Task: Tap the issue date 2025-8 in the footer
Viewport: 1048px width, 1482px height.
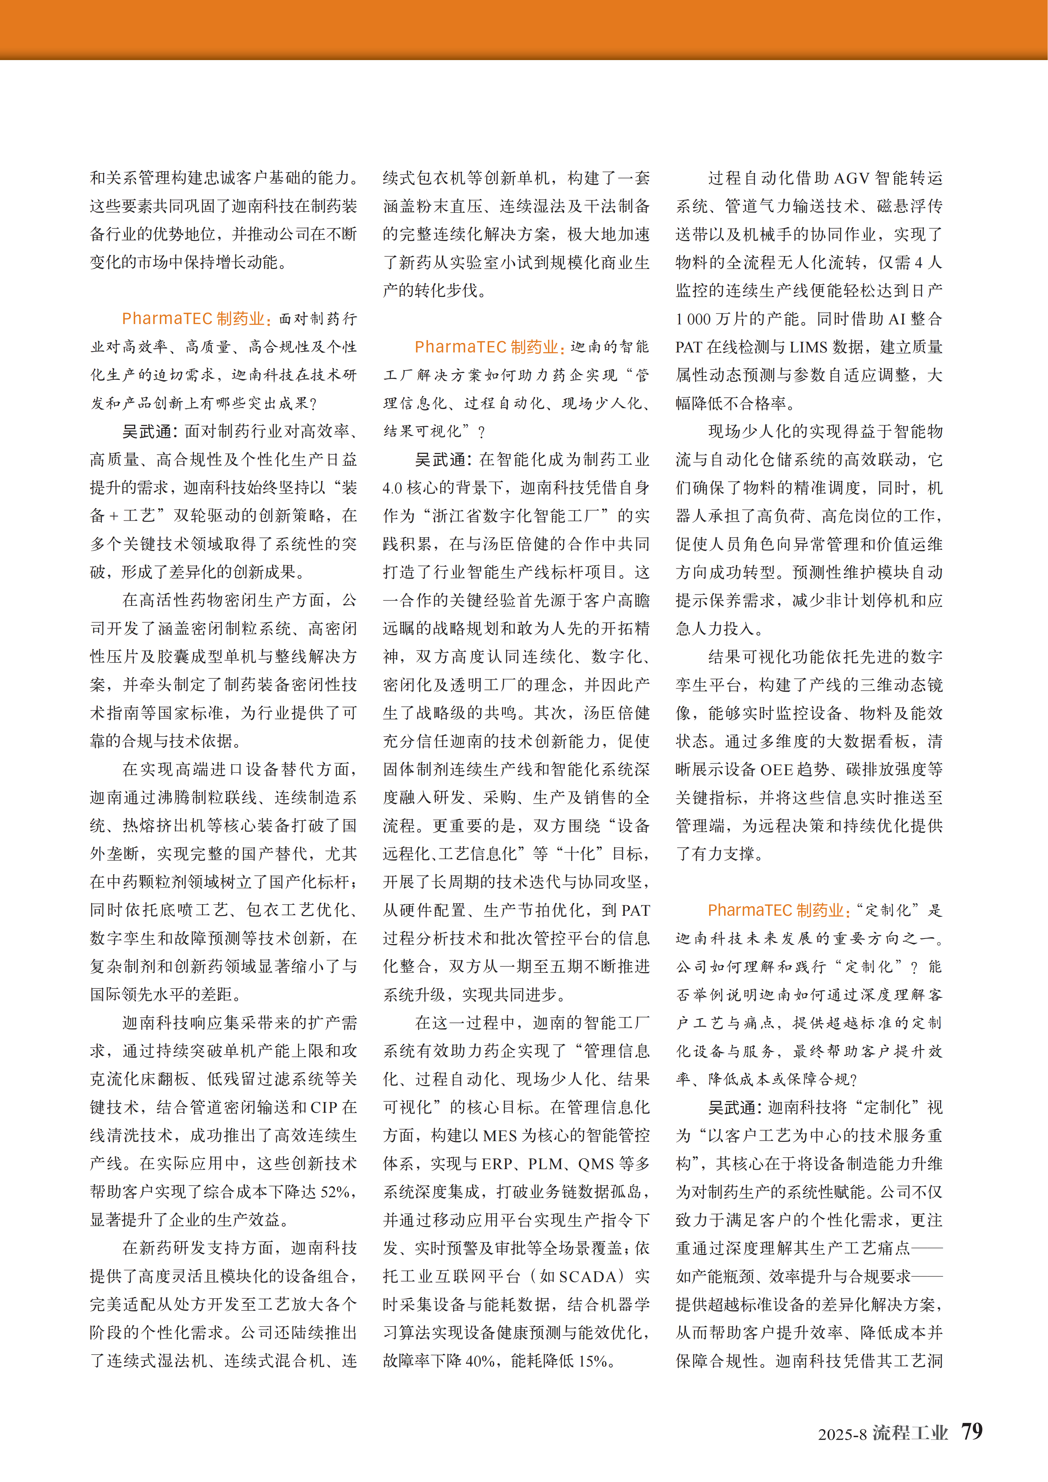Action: pos(842,1434)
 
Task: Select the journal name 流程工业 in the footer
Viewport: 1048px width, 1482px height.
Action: pos(910,1433)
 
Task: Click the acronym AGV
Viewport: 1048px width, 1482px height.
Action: pos(851,178)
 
